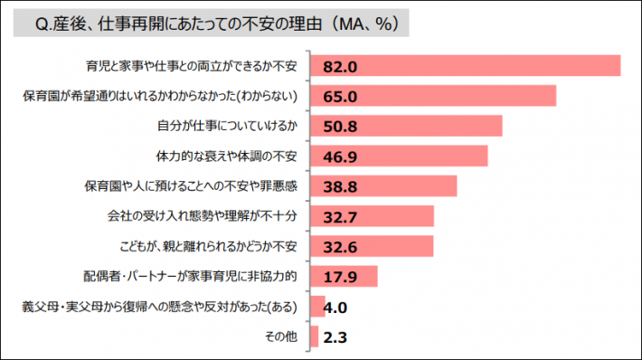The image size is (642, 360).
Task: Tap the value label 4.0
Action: pos(335,308)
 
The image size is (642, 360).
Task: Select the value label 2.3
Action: pos(334,337)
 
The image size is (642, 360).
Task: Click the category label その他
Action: pos(281,337)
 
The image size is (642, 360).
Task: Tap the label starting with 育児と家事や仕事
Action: pos(194,67)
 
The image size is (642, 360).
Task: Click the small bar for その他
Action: pos(314,337)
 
